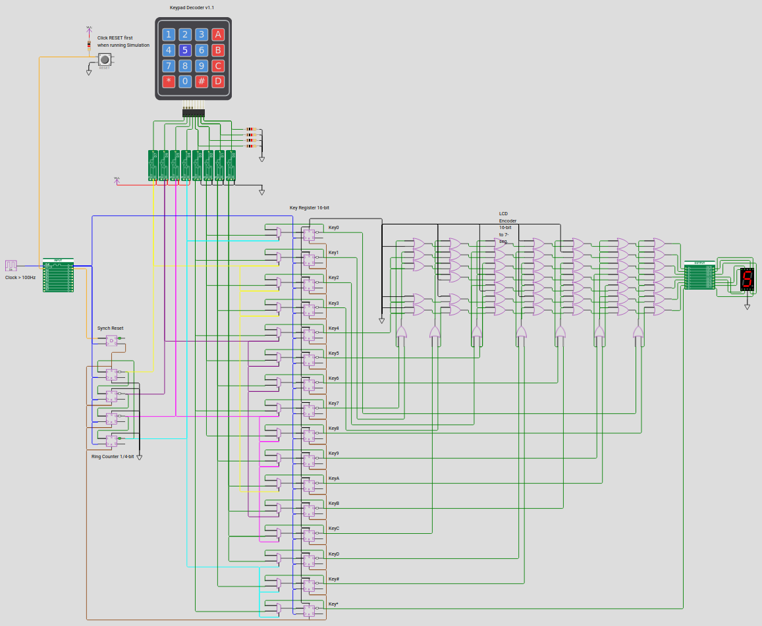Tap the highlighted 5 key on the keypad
pyautogui.click(x=185, y=50)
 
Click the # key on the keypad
pyautogui.click(x=202, y=82)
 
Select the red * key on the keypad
pyautogui.click(x=169, y=82)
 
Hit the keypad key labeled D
pyautogui.click(x=218, y=82)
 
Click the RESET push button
pyautogui.click(x=104, y=59)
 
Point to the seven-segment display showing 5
pyautogui.click(x=746, y=279)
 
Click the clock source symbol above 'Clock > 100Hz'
pyautogui.click(x=11, y=266)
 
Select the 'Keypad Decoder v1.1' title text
pyautogui.click(x=192, y=7)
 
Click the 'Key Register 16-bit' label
pyautogui.click(x=310, y=208)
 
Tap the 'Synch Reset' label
pyautogui.click(x=110, y=328)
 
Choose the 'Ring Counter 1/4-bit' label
pyautogui.click(x=113, y=456)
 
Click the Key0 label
pyautogui.click(x=333, y=228)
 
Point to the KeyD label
pyautogui.click(x=333, y=554)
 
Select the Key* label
pyautogui.click(x=333, y=604)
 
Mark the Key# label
pyautogui.click(x=333, y=579)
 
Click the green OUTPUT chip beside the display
pyautogui.click(x=699, y=275)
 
